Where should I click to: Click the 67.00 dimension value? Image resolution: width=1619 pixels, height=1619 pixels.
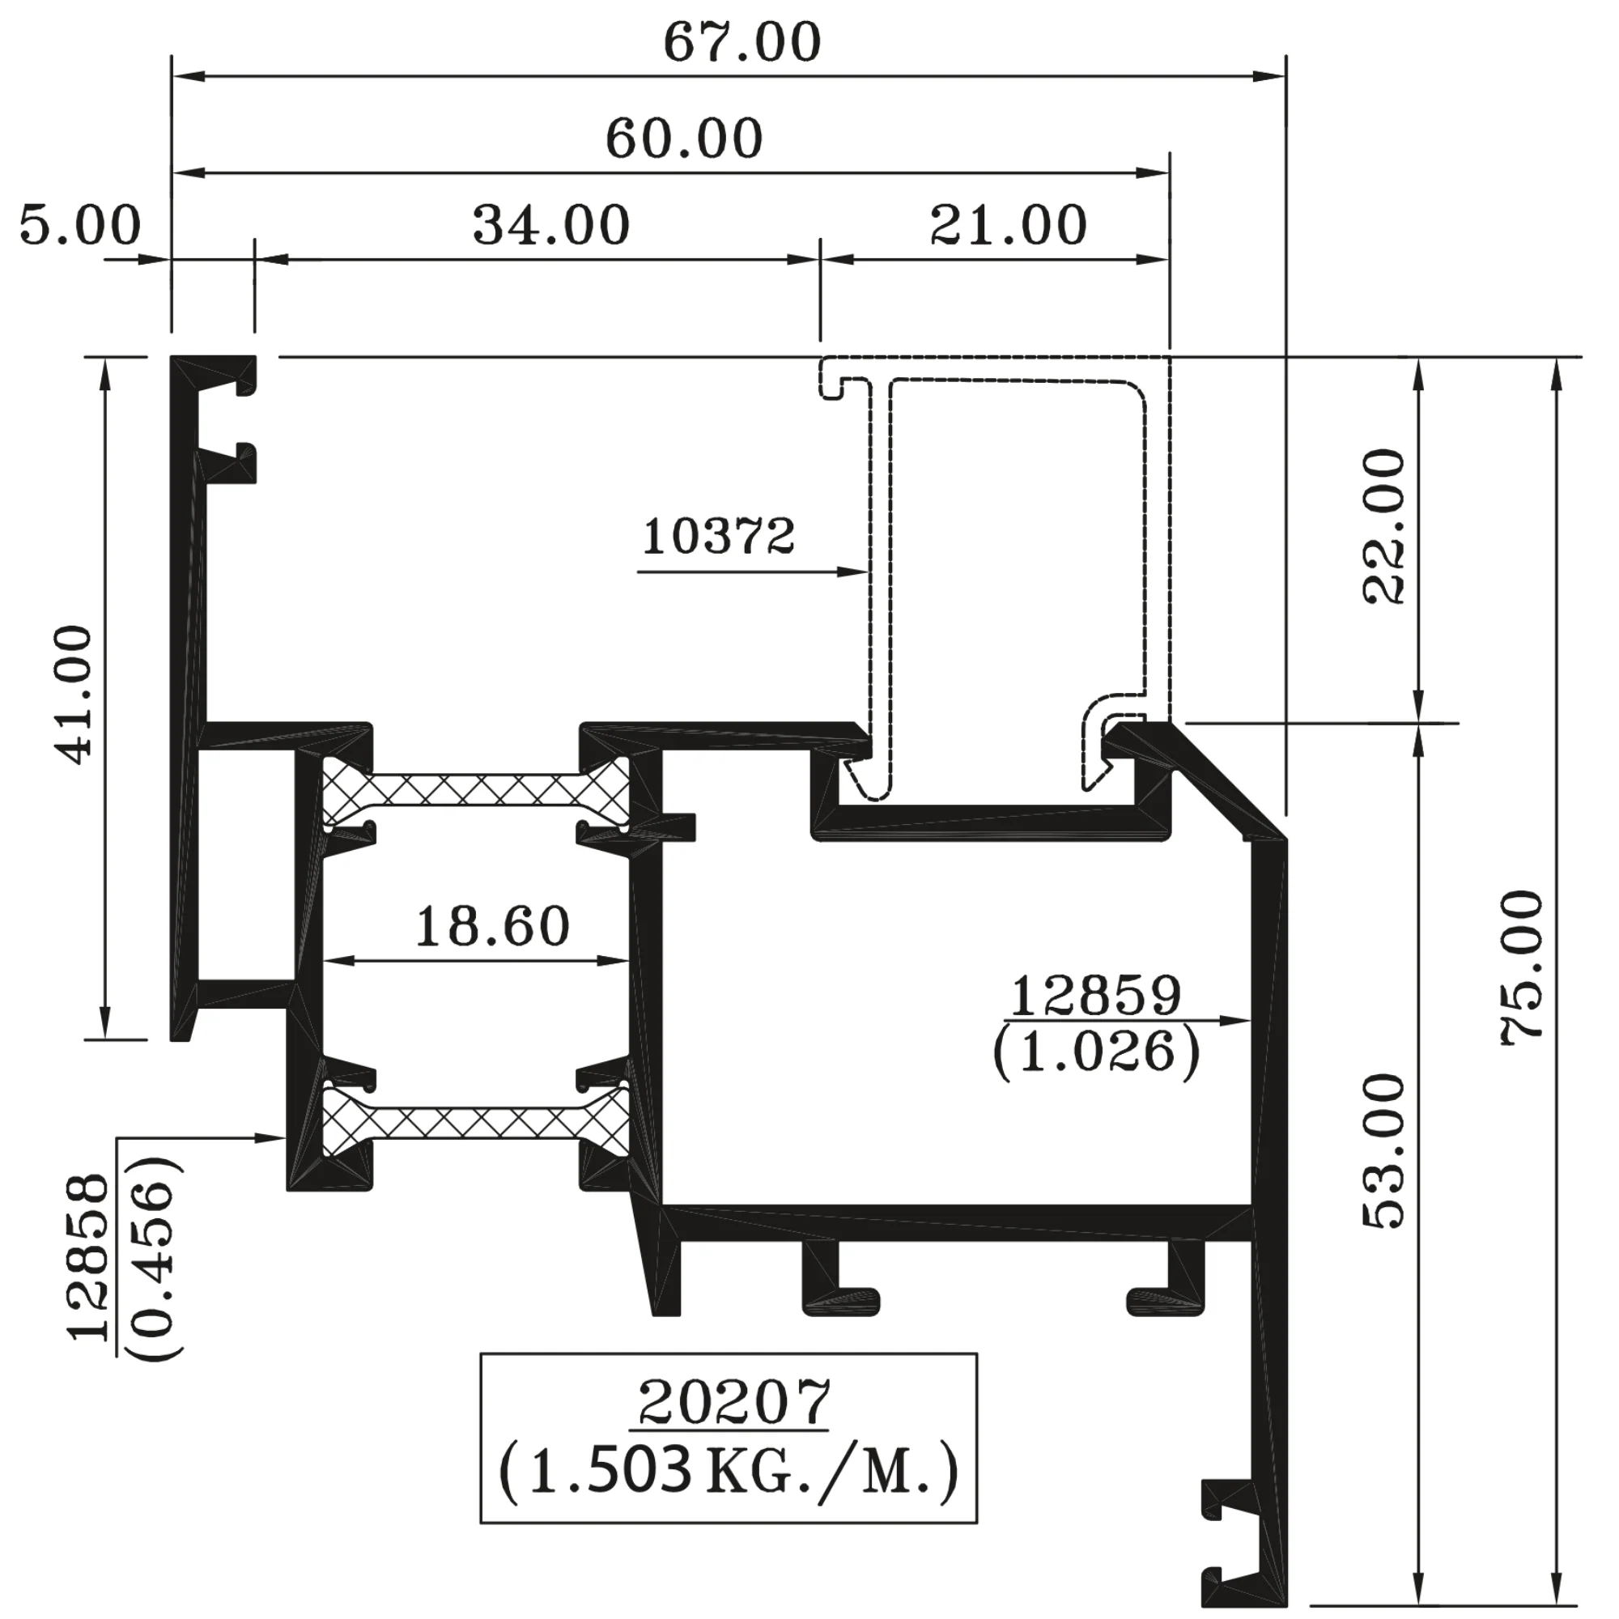coord(742,43)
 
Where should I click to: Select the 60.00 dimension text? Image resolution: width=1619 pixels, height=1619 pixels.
coord(684,139)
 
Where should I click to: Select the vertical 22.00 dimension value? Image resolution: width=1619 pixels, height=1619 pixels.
coord(1383,527)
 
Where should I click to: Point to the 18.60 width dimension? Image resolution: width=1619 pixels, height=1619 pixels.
coord(493,927)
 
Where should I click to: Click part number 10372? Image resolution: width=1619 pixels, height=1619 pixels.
coord(718,537)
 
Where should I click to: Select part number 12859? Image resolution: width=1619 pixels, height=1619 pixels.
coord(1096,996)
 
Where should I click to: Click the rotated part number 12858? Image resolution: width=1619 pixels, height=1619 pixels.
coord(89,1256)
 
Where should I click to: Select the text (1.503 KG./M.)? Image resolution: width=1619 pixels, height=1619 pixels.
coord(729,1473)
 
